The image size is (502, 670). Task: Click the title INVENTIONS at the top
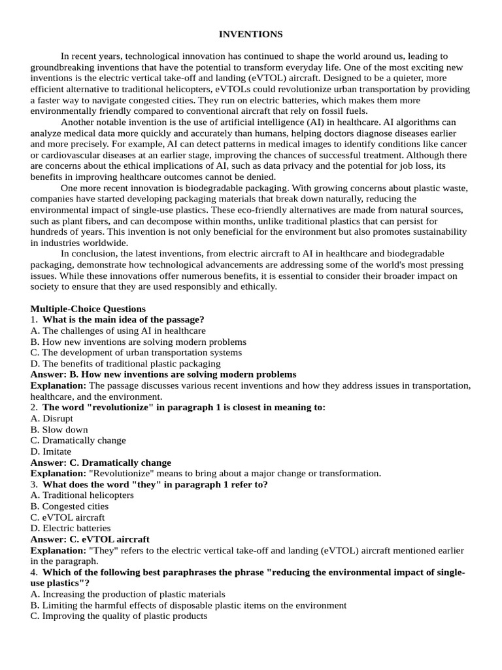251,34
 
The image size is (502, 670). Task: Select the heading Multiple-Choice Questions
88,309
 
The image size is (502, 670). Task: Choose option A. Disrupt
52,419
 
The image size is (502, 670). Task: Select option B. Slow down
59,430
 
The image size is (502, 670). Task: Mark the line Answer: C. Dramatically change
101,463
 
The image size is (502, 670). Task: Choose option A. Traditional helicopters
82,495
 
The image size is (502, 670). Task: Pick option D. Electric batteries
71,528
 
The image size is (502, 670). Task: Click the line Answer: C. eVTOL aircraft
90,539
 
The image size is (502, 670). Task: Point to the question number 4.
34,573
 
